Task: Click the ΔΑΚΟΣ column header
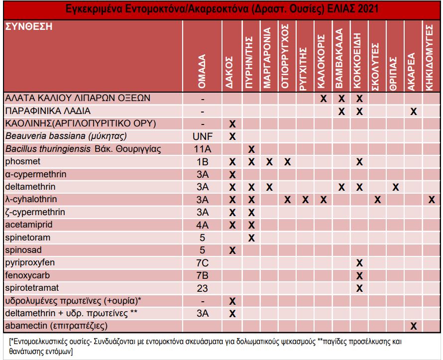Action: (229, 73)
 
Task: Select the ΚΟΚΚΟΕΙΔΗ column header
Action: (357, 61)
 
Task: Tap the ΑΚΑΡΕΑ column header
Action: (411, 72)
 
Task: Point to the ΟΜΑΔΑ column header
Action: (202, 71)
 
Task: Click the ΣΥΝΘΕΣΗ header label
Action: (29, 26)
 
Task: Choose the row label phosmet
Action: (22, 161)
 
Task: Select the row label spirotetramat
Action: (32, 288)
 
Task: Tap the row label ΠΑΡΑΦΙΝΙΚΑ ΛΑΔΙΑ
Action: (48, 111)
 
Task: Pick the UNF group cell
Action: (202, 136)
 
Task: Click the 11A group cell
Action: (202, 149)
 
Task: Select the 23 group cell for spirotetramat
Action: (202, 288)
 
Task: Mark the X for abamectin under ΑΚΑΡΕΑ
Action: (414, 326)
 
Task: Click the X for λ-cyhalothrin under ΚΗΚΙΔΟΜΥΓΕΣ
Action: (432, 200)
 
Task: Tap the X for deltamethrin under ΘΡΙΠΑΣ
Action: (396, 187)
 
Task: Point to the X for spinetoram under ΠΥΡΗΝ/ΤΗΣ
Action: (251, 238)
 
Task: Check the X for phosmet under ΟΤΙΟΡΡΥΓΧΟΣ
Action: (287, 162)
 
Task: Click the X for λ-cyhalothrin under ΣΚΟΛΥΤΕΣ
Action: (377, 200)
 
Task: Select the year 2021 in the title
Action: (368, 9)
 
